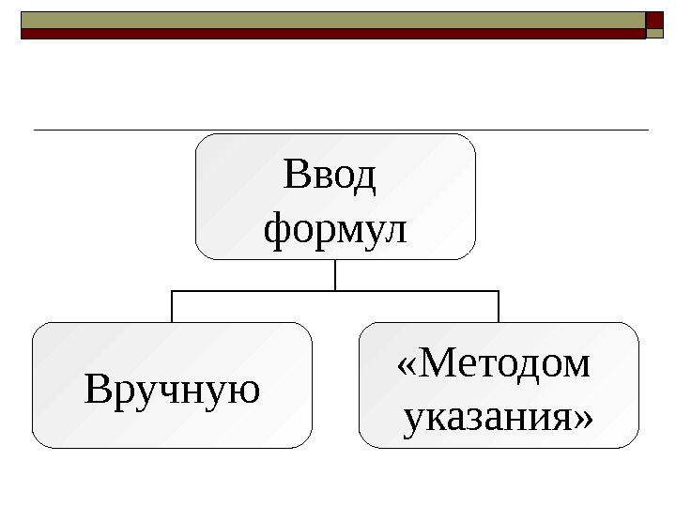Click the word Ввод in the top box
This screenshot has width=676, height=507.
click(x=329, y=176)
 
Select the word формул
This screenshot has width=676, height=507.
click(x=336, y=228)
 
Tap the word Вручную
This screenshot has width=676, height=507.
click(x=172, y=389)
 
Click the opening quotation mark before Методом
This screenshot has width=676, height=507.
click(x=407, y=364)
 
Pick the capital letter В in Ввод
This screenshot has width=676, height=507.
click(x=295, y=176)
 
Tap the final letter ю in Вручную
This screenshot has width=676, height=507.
click(x=245, y=391)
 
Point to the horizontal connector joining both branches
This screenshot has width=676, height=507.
click(x=335, y=291)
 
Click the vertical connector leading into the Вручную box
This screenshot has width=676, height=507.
click(x=172, y=306)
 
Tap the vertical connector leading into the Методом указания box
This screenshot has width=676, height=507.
click(x=499, y=306)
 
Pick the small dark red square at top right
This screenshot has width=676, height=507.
click(x=654, y=20)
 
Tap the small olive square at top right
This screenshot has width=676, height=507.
click(x=655, y=33)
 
